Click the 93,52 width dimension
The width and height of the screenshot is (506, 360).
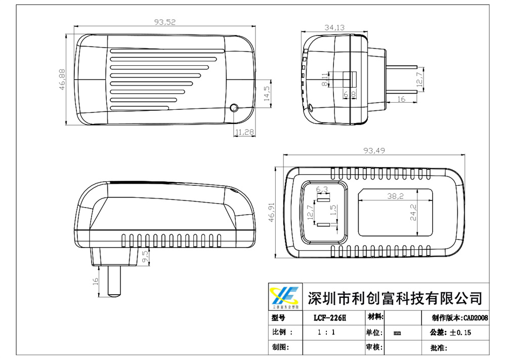click(165, 22)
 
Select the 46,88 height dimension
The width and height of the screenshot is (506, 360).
click(62, 79)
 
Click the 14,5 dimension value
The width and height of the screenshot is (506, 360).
click(267, 94)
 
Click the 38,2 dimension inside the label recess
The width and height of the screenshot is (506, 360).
click(395, 196)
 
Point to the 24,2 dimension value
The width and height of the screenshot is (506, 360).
click(413, 213)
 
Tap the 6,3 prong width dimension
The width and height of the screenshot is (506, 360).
click(322, 189)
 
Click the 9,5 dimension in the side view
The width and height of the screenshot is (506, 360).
click(145, 256)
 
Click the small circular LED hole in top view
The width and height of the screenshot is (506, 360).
click(234, 108)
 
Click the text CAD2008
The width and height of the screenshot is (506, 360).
click(475, 318)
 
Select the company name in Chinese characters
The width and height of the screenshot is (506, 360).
click(395, 297)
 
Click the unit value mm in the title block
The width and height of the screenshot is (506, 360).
click(398, 333)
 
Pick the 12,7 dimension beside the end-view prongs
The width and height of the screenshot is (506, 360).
click(418, 80)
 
